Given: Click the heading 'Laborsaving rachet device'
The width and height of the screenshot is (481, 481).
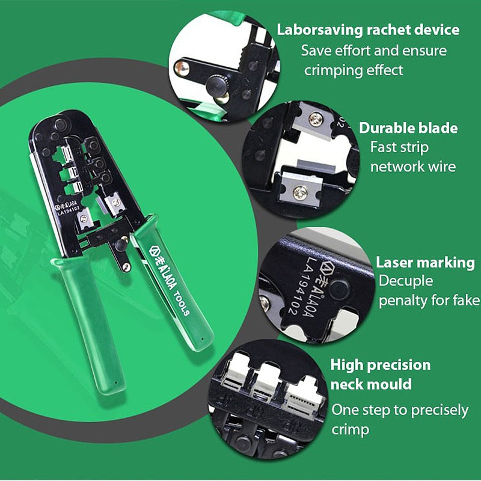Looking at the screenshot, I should tap(368, 29).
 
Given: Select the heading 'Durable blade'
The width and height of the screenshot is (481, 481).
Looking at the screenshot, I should tap(408, 128).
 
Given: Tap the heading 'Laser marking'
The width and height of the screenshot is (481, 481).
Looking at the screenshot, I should tap(425, 263).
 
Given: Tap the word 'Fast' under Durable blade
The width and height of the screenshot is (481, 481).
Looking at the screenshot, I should tap(382, 147).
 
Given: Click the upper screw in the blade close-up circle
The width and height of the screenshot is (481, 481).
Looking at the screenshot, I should tap(316, 118).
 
